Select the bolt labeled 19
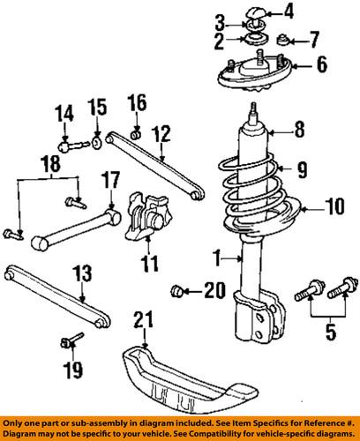73,339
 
